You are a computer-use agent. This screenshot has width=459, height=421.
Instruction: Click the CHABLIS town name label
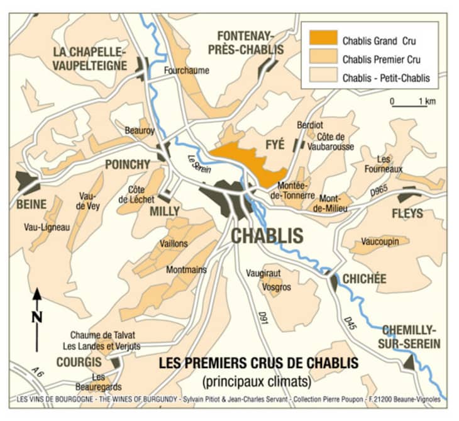(268, 236)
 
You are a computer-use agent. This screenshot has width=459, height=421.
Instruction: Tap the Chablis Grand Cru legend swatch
(323, 41)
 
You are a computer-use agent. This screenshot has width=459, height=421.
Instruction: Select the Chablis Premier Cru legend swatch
(323, 60)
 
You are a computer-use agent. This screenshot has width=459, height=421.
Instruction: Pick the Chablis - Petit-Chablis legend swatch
(323, 78)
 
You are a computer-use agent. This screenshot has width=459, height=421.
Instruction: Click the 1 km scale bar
(409, 106)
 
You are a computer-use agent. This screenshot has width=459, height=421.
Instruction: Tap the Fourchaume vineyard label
(186, 70)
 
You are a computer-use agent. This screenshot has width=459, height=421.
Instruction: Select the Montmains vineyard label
(186, 270)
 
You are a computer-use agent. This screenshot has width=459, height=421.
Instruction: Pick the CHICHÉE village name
(364, 279)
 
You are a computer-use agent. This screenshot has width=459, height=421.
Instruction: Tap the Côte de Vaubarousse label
(335, 142)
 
